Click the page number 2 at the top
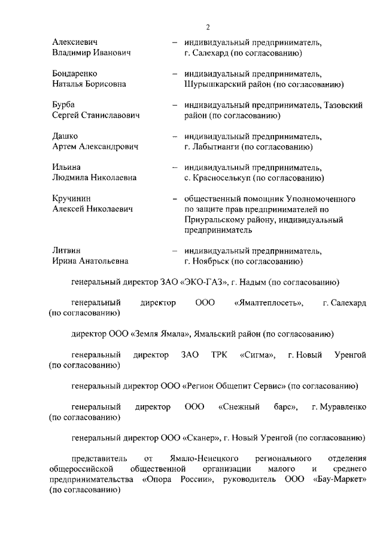(x=208, y=27)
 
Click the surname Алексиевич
(x=74, y=42)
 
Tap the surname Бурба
(x=64, y=105)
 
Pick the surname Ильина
(x=66, y=167)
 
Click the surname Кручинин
(x=72, y=198)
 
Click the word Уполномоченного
(x=314, y=198)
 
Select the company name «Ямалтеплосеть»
(x=269, y=303)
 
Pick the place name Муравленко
(x=339, y=408)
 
